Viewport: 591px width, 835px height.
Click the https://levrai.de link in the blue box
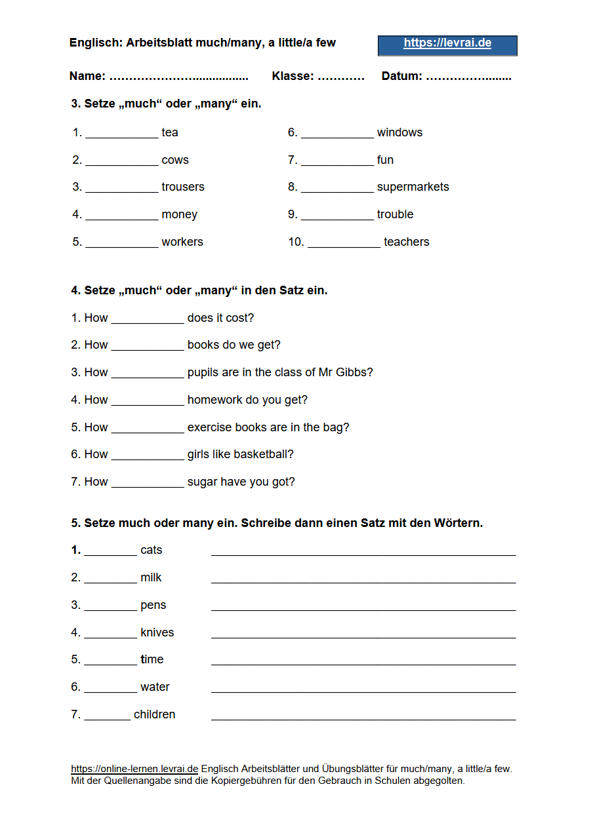click(x=447, y=43)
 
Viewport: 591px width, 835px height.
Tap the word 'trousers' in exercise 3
click(x=183, y=187)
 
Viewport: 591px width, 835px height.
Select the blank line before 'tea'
click(x=122, y=136)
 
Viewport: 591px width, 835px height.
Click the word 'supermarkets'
click(x=413, y=187)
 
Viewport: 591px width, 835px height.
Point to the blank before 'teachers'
click(x=344, y=246)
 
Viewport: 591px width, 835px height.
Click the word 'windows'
click(x=399, y=132)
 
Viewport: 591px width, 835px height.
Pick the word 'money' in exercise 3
click(x=179, y=215)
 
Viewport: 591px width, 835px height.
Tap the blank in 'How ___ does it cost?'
click(x=148, y=322)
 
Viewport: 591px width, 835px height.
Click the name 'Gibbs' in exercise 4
click(x=354, y=372)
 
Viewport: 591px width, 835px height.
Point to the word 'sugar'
click(x=202, y=482)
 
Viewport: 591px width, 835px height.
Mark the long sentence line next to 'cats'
click(x=363, y=554)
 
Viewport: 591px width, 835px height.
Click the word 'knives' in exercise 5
click(x=157, y=632)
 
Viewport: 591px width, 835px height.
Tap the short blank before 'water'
click(x=110, y=691)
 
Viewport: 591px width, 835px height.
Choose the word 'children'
click(x=154, y=714)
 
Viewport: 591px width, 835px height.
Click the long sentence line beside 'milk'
click(x=363, y=581)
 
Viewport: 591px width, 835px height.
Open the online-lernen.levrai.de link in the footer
click(x=134, y=769)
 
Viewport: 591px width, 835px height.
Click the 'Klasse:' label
click(x=293, y=76)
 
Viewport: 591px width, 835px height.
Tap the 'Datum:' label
click(x=401, y=76)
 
